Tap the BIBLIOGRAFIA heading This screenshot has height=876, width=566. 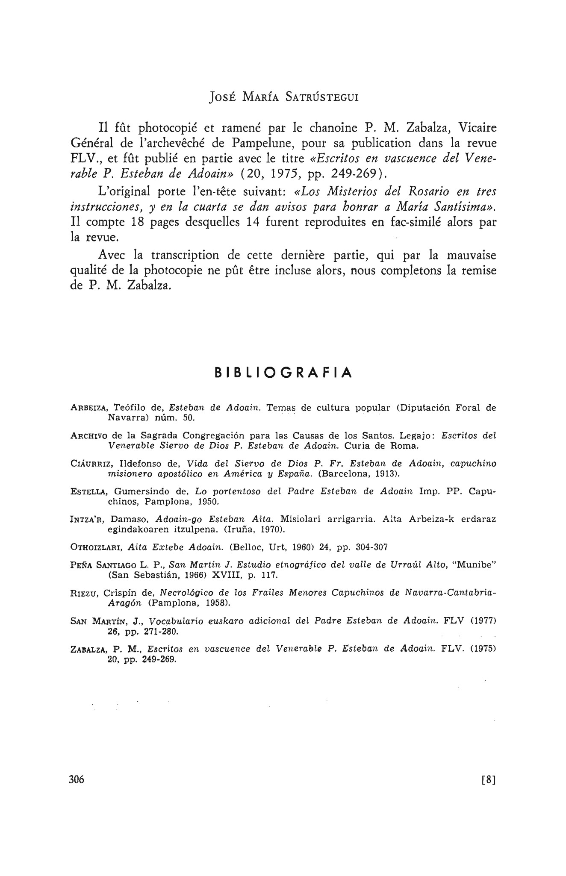point(283,373)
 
